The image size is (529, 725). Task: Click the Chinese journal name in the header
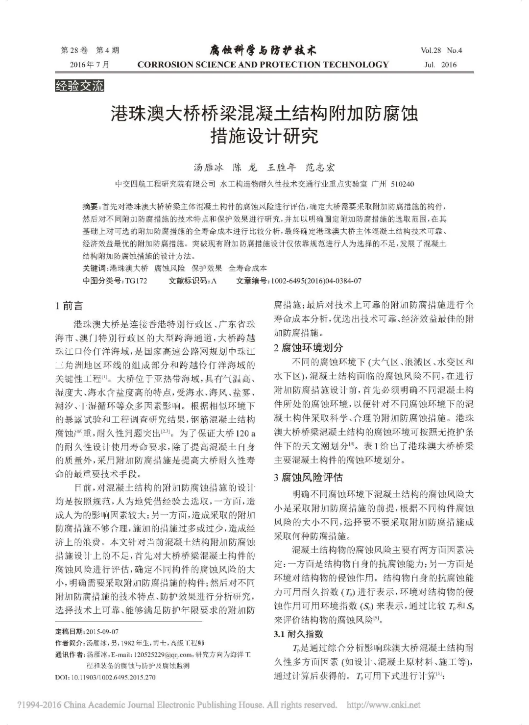[263, 50]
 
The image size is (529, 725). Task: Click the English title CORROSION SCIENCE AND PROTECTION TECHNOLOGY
[263, 64]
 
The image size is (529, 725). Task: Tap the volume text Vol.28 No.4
[441, 50]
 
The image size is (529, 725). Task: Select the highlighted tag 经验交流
[80, 86]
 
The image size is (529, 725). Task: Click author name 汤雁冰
[208, 168]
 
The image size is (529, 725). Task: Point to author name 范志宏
[320, 168]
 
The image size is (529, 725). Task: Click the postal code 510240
[403, 184]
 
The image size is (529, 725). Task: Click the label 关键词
[95, 268]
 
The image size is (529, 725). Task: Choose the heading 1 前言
[69, 306]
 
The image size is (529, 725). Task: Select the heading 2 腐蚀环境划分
[308, 347]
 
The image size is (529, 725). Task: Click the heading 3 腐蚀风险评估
[308, 477]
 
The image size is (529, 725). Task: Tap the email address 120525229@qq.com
[155, 655]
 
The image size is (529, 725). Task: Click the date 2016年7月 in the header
[90, 64]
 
